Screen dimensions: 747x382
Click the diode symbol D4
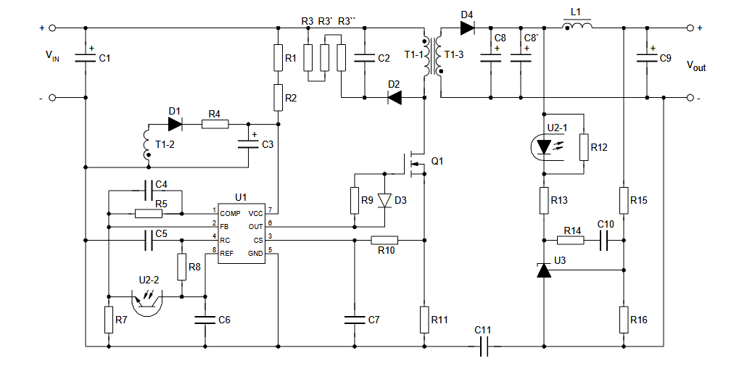(x=467, y=28)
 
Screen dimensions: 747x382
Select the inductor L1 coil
(x=577, y=25)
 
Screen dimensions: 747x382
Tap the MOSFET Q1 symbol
(x=413, y=164)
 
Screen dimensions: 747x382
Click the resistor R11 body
(x=424, y=320)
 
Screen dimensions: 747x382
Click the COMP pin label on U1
(x=230, y=214)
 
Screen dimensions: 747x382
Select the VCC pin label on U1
(x=255, y=214)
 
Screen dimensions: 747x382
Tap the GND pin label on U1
(x=255, y=254)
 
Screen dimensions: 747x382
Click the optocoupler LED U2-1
(x=544, y=146)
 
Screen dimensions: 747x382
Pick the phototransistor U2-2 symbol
(x=147, y=303)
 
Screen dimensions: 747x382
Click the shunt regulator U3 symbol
(x=544, y=270)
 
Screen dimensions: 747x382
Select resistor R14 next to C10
(x=571, y=240)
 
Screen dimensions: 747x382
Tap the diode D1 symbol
(x=176, y=125)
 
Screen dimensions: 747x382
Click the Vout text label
(x=696, y=66)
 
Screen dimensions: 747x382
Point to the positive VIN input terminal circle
(x=52, y=28)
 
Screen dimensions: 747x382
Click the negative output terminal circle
(x=690, y=98)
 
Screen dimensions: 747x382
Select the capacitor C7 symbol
(x=354, y=320)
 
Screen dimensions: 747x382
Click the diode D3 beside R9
(x=384, y=200)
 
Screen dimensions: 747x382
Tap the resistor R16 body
(x=624, y=320)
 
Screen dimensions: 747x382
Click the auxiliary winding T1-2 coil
(x=146, y=143)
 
